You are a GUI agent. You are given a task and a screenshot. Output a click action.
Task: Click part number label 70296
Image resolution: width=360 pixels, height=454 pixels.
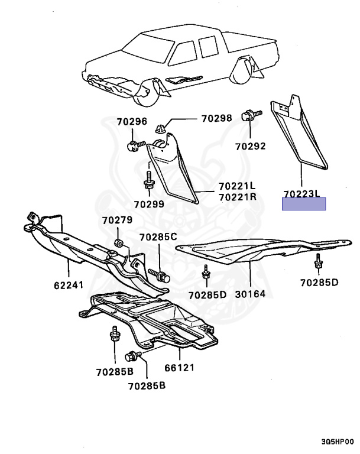[131, 122]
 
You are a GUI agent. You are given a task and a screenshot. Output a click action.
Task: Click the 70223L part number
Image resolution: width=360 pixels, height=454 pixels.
[301, 193]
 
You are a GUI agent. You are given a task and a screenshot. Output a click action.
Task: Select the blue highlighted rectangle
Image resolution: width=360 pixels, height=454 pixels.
[304, 205]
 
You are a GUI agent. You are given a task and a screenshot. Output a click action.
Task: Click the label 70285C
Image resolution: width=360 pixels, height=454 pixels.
[158, 237]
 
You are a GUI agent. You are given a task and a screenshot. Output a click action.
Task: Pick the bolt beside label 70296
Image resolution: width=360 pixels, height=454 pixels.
[134, 145]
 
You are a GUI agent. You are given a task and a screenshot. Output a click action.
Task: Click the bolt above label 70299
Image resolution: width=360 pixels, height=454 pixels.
[148, 178]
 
